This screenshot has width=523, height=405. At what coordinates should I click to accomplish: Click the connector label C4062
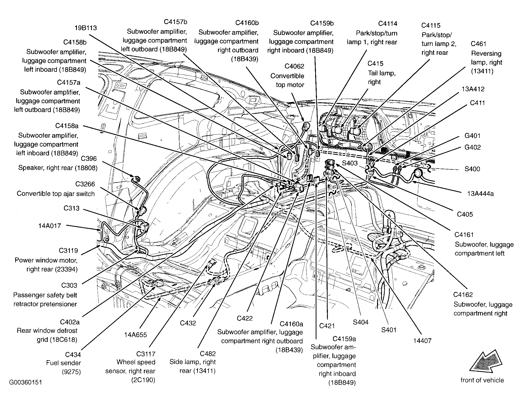coord(294,66)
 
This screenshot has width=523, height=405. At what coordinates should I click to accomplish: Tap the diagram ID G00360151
coord(25,382)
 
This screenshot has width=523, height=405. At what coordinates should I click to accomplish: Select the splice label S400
coord(472,169)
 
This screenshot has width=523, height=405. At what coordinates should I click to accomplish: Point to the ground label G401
coord(473,136)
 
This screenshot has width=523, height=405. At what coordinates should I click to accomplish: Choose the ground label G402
coord(473,147)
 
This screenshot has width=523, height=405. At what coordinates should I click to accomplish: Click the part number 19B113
coord(86,28)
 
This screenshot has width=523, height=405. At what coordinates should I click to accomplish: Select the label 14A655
coord(136,335)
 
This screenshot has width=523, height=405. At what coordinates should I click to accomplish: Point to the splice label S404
coord(361,322)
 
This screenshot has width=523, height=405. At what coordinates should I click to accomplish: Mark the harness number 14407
coord(422,341)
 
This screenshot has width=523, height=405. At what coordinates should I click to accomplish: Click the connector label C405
coord(465,214)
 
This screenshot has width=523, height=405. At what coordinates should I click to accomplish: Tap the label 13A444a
coord(480,194)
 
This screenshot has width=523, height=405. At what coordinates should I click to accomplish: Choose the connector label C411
coord(477,103)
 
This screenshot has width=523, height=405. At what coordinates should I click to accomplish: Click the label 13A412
coord(473,89)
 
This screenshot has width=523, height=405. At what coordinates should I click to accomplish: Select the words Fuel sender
coord(63,363)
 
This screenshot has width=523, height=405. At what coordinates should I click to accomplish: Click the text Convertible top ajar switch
coord(56,194)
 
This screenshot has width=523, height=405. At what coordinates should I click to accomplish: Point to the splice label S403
coord(350,163)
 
